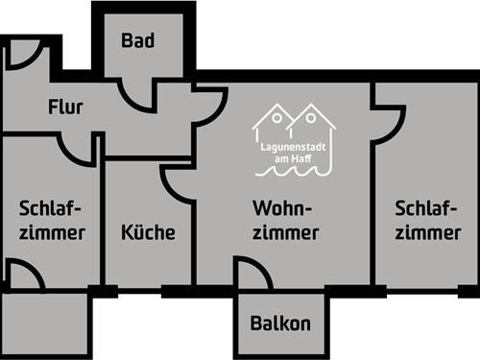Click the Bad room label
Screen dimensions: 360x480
tap(139, 40)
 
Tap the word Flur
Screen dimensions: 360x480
tap(65, 106)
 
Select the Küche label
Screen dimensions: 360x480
tap(148, 231)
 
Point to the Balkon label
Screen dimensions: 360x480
tap(280, 324)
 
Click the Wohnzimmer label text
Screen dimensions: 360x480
tap(286, 220)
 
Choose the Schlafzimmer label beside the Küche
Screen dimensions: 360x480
tap(51, 220)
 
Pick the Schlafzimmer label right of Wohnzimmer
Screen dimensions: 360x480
tap(426, 220)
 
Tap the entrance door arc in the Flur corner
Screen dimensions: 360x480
tap(21, 55)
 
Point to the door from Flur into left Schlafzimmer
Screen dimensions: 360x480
tap(77, 149)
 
